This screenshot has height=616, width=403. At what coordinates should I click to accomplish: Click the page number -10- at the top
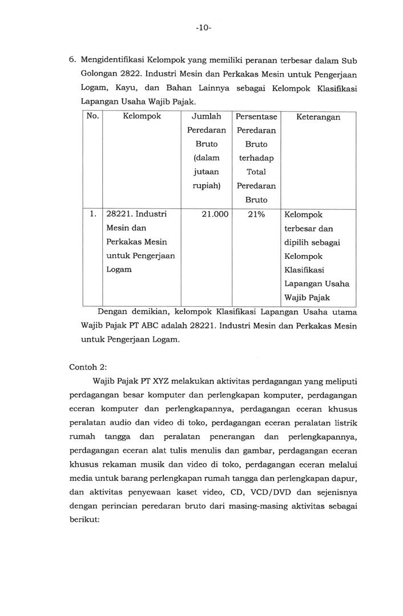point(203,27)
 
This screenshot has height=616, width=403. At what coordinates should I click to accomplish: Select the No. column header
point(92,116)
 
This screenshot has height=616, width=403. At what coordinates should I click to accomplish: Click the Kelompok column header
point(142,116)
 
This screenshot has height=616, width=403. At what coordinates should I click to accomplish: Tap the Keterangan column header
point(319,117)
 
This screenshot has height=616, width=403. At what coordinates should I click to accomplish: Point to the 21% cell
point(255,214)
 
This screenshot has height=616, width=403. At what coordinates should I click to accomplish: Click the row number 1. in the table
point(92,214)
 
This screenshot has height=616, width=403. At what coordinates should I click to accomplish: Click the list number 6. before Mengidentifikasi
point(72,60)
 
